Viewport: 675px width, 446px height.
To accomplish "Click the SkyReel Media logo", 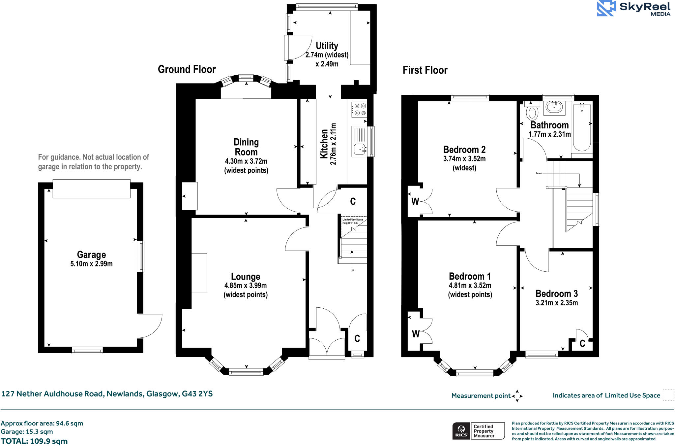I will click(x=633, y=8).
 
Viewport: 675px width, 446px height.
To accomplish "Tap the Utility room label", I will click(x=327, y=46).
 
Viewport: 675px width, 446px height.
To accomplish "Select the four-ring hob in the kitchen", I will click(x=359, y=109).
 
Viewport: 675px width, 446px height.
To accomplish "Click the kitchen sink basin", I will click(x=359, y=149).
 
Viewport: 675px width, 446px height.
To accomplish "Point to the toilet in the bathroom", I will click(x=532, y=113).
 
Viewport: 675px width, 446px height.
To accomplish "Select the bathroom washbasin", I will click(x=554, y=107).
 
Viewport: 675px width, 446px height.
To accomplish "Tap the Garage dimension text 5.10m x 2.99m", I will click(x=91, y=264).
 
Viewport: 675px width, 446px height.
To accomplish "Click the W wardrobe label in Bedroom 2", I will click(x=415, y=201).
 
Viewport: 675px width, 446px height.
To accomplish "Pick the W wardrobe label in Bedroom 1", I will click(x=416, y=334).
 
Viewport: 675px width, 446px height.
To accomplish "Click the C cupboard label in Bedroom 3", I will click(x=582, y=344).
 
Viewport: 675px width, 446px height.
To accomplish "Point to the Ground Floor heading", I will click(x=187, y=69).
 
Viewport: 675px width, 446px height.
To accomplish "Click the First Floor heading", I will click(x=425, y=70).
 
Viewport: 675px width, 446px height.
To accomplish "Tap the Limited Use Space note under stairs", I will click(x=353, y=221).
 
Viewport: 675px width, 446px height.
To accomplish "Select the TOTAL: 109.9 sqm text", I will click(x=34, y=441).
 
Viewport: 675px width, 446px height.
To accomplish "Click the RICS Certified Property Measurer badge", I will click(x=478, y=431).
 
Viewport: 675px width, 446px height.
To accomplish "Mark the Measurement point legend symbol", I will click(x=517, y=396).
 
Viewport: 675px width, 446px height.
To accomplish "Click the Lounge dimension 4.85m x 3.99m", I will click(x=246, y=286).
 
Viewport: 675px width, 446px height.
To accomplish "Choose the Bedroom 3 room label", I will click(x=556, y=293).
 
